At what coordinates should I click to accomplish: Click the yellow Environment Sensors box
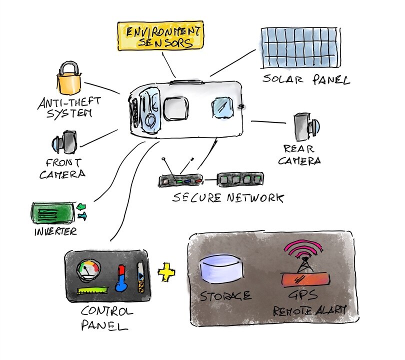click(160, 35)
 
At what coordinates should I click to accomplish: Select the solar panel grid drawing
click(300, 48)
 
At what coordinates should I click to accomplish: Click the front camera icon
click(64, 142)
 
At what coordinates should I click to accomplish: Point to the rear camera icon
click(306, 126)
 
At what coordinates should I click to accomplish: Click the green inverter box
click(53, 213)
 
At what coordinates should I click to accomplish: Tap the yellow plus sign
click(166, 272)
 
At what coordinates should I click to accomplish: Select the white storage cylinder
click(221, 269)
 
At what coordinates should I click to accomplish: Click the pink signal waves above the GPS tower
click(303, 248)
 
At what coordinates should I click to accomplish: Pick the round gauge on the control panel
click(88, 271)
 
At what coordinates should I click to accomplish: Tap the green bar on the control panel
click(92, 290)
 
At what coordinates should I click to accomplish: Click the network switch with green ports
click(240, 179)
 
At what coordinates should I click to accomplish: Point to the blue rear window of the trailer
click(222, 107)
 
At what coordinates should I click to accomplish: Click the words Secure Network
click(228, 197)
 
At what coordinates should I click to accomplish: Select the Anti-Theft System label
click(69, 107)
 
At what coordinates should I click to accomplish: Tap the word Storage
click(225, 296)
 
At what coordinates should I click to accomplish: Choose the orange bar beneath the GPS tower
click(306, 280)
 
